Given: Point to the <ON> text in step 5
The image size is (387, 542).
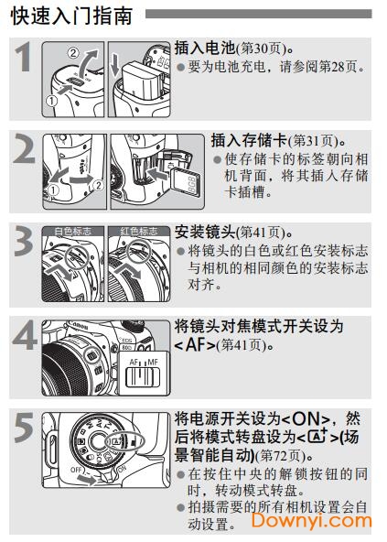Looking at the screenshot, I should (x=314, y=419).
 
